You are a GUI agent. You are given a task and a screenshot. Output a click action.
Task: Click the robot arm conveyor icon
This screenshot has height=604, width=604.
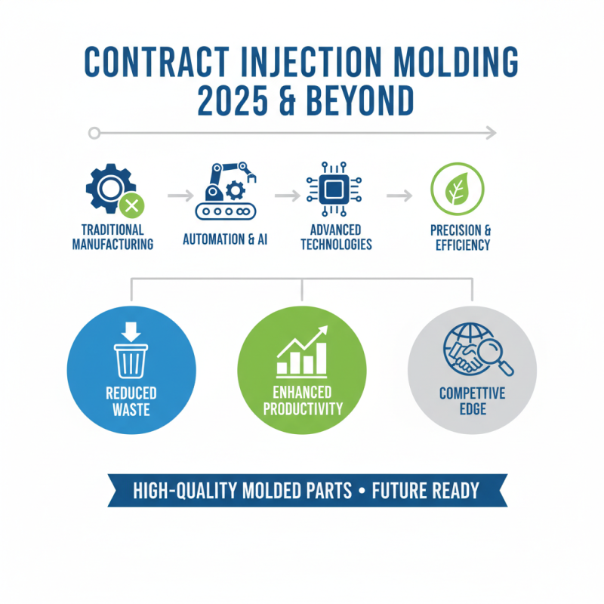[x=225, y=190]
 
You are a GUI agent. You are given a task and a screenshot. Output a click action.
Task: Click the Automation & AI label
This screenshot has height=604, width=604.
[x=225, y=240]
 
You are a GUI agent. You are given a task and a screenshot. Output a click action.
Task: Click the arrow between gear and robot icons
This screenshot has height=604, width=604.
[x=179, y=196]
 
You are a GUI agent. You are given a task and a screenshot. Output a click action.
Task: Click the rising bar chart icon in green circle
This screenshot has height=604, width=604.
[x=302, y=351]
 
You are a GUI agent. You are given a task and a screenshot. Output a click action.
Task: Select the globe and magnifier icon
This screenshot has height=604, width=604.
[x=476, y=349]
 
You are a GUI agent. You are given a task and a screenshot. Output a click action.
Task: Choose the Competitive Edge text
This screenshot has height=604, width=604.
[x=472, y=401]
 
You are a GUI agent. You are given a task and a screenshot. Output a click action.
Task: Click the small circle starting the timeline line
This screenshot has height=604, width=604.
[x=94, y=134]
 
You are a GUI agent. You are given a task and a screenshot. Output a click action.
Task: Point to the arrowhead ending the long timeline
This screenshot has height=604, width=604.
[x=492, y=134]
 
